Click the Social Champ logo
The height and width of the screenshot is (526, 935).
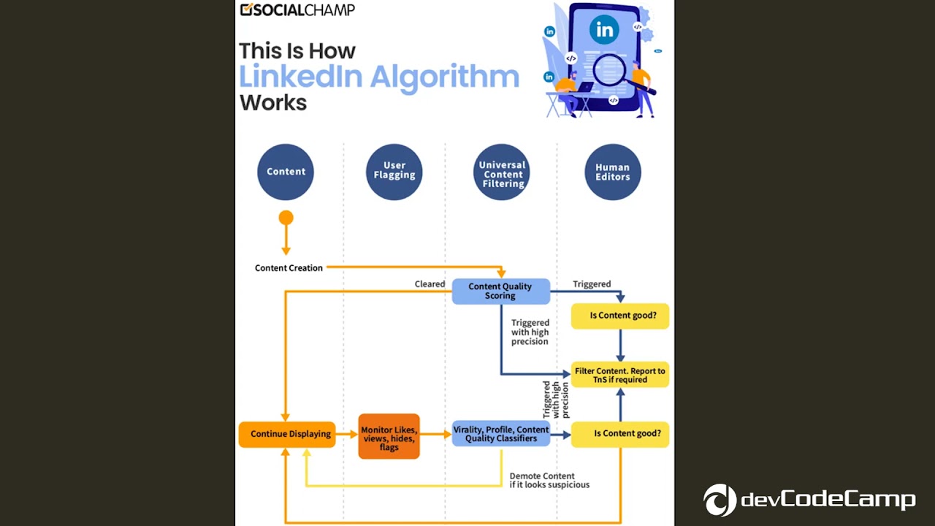pos(297,9)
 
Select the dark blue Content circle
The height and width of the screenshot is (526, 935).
pos(286,172)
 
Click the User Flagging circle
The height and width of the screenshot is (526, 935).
pos(394,172)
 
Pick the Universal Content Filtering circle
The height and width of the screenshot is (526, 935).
pos(503,172)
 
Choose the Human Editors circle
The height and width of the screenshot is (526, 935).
pos(612,172)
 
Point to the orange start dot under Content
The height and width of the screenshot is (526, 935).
pos(286,218)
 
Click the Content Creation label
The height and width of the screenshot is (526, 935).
pos(289,268)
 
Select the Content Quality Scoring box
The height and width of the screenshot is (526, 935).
pos(500,291)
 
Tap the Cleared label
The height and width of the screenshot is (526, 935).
pos(430,284)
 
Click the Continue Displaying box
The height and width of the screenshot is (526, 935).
pos(287,434)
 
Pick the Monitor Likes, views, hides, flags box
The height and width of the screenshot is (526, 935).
pos(389,437)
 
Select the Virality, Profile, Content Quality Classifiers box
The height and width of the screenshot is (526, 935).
pos(500,434)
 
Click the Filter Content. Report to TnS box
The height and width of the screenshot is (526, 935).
pos(619,375)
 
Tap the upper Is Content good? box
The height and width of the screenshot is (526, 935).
pos(619,316)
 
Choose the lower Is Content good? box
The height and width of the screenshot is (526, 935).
pos(619,434)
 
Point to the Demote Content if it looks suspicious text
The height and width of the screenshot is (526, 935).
pos(549,480)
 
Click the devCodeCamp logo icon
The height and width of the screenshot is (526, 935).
pos(720,500)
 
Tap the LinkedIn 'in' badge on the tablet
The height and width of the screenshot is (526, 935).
pos(604,30)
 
